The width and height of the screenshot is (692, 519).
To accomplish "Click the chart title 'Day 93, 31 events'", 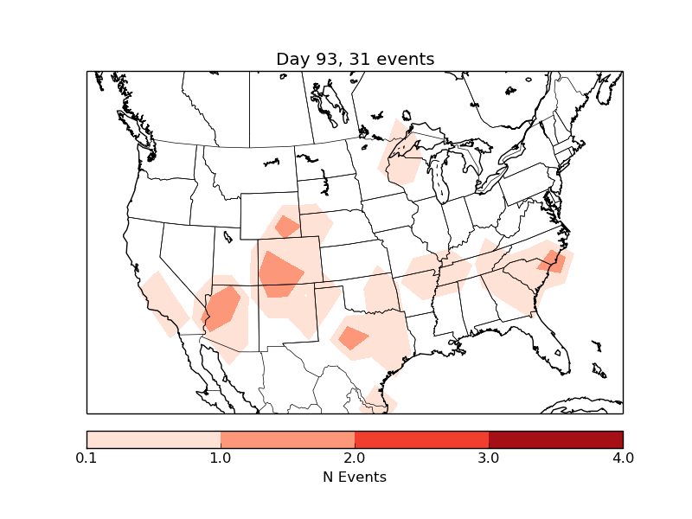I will click(355, 59).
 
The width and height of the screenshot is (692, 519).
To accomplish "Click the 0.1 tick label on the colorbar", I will click(86, 458).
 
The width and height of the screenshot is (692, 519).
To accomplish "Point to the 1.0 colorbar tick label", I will click(221, 458).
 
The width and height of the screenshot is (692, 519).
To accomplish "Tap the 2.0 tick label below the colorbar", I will click(355, 458).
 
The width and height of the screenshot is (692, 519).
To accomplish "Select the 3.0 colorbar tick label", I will click(489, 458).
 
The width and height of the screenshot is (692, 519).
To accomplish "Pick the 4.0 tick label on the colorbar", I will click(622, 458).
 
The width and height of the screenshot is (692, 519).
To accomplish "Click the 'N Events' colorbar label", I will click(355, 477).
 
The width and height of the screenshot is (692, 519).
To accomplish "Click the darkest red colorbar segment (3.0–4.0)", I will click(555, 439).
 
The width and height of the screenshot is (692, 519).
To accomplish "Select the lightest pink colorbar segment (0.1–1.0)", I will click(154, 439).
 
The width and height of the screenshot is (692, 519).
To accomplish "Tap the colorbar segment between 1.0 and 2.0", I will click(288, 439).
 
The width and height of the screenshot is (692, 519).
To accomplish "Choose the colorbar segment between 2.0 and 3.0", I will click(422, 439).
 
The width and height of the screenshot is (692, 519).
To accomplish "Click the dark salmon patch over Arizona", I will click(222, 308).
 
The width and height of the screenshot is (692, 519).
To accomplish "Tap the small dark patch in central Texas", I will click(353, 337).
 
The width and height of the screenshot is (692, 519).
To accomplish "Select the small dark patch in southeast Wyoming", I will click(287, 227).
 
